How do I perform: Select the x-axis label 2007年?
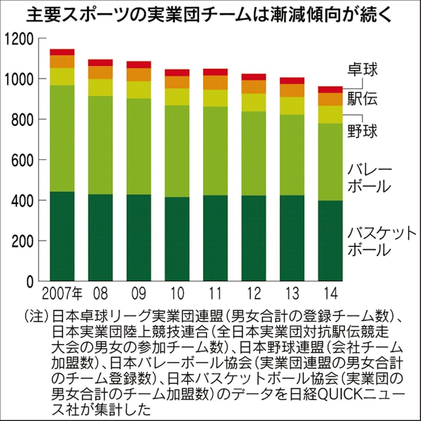point(62,295)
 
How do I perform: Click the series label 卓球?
point(362,69)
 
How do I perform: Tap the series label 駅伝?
point(362,99)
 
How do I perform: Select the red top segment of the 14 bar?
point(330,90)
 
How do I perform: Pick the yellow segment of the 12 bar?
point(253,102)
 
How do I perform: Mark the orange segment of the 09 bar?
point(139,74)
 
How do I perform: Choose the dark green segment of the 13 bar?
point(292,238)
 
